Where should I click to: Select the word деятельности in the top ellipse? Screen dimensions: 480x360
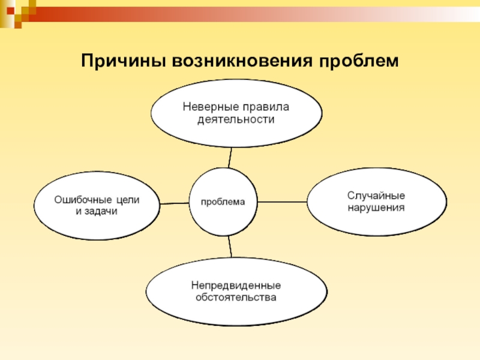pyautogui.click(x=236, y=119)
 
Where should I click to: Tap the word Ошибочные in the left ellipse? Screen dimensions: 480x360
pyautogui.click(x=80, y=200)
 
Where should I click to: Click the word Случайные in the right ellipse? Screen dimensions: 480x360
pyautogui.click(x=376, y=196)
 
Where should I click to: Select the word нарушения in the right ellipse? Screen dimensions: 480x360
pyautogui.click(x=376, y=208)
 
